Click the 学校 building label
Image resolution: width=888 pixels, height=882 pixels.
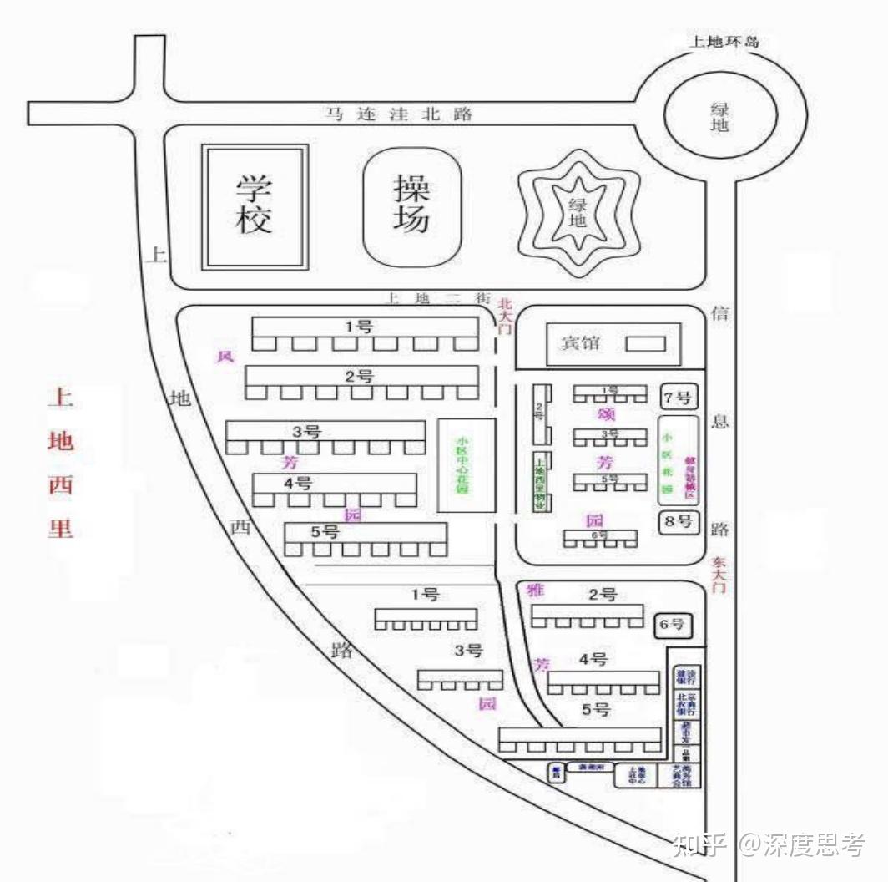coord(255,205)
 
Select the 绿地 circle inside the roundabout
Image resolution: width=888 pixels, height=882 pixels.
coord(719,116)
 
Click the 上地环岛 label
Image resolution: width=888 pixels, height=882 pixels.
coord(724,41)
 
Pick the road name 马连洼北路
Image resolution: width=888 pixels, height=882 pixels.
coord(399,114)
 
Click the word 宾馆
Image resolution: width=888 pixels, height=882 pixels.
coord(580,342)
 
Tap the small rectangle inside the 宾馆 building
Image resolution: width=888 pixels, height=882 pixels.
coord(646,343)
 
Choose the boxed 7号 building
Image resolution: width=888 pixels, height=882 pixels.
coord(678,397)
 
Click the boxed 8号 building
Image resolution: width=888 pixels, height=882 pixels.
coord(678,522)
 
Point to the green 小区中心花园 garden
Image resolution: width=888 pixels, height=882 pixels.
coord(467,465)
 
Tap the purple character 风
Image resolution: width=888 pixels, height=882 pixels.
coord(225,357)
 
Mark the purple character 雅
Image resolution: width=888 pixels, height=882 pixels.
coord(536,590)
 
